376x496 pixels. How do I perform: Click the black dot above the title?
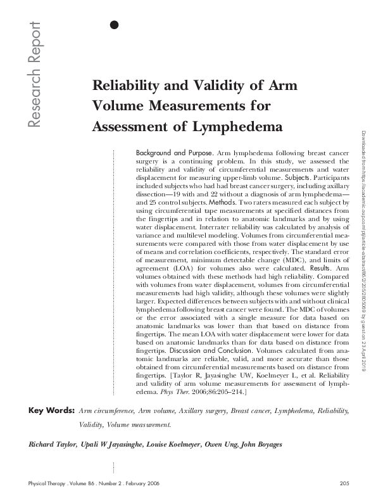coord(115,25)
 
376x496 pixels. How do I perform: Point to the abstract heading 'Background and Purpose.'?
coord(175,154)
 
